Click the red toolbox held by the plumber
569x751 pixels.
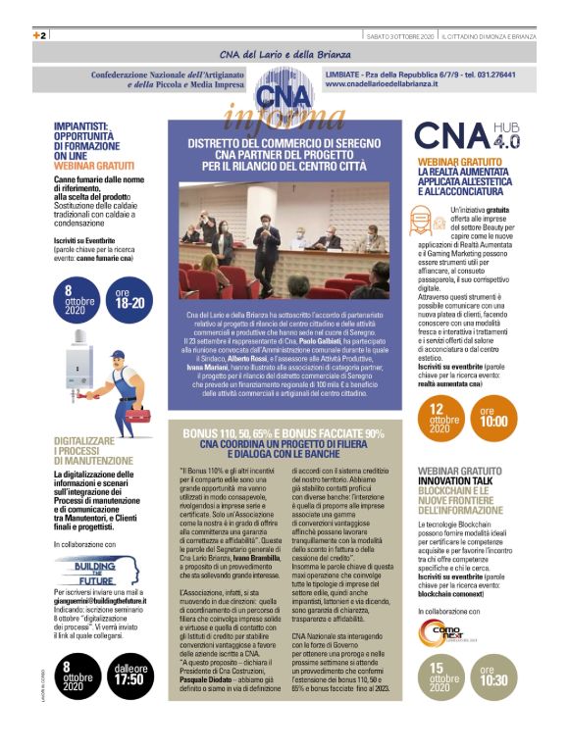coord(132,413)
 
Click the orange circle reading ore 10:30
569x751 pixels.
coord(500,676)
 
